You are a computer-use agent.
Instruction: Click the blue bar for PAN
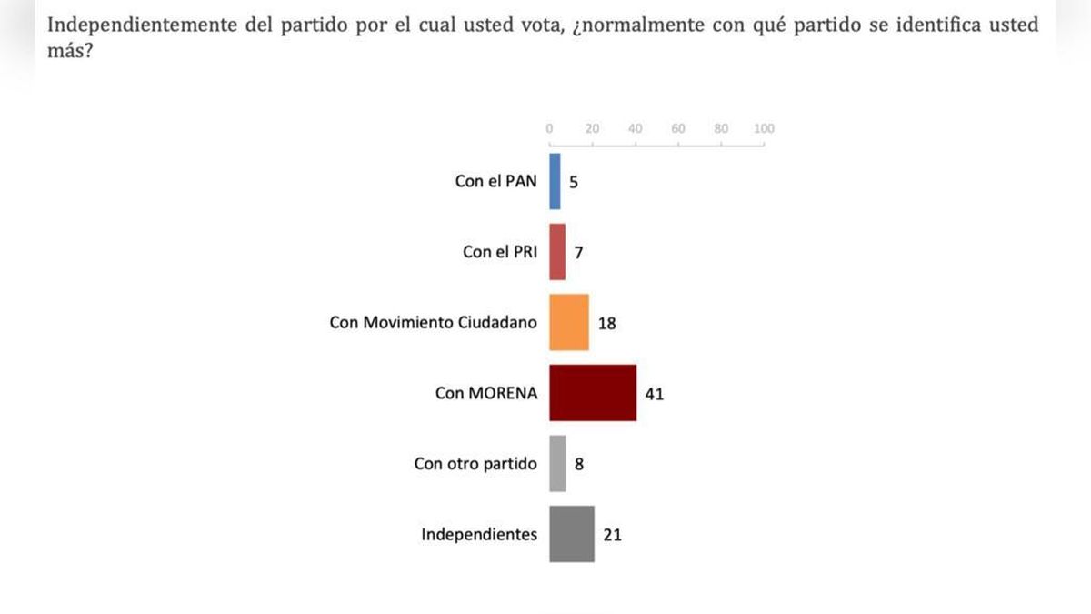pyautogui.click(x=555, y=181)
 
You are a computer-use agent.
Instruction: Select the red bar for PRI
pyautogui.click(x=557, y=252)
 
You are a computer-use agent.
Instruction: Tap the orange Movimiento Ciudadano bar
pyautogui.click(x=569, y=322)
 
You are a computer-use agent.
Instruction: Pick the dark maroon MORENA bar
pyautogui.click(x=593, y=393)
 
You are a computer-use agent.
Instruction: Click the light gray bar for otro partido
pyautogui.click(x=557, y=464)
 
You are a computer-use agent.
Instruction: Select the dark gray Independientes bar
pyautogui.click(x=572, y=534)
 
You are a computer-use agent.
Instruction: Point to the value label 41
pyautogui.click(x=656, y=394)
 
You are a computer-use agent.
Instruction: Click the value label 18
pyautogui.click(x=607, y=323)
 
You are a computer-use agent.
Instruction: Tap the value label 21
pyautogui.click(x=612, y=535)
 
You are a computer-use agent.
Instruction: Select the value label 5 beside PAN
pyautogui.click(x=574, y=182)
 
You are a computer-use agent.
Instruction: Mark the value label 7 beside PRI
pyautogui.click(x=578, y=252)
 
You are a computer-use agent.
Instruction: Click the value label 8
pyautogui.click(x=579, y=464)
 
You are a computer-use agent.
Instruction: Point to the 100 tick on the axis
pyautogui.click(x=764, y=129)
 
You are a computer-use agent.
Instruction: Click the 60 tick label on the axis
pyautogui.click(x=678, y=129)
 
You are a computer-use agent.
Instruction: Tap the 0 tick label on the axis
pyautogui.click(x=549, y=129)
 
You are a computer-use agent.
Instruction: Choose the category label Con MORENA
pyautogui.click(x=486, y=394)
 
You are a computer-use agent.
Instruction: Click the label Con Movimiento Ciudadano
pyautogui.click(x=433, y=323)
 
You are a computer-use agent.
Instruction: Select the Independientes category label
pyautogui.click(x=479, y=535)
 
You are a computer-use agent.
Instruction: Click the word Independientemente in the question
pyautogui.click(x=125, y=25)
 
